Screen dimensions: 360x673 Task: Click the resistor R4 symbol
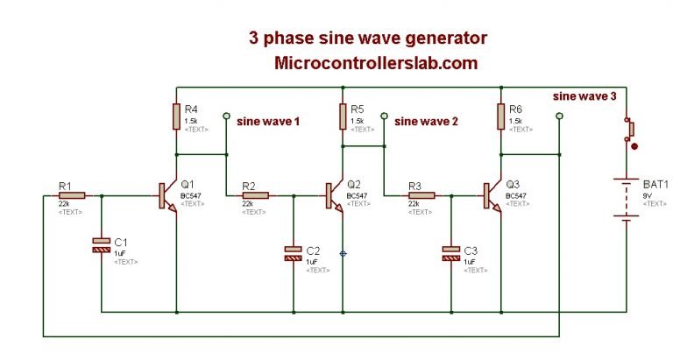[x=176, y=116]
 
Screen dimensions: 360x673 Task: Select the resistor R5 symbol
[x=343, y=116]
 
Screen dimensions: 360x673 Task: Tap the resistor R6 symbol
[x=501, y=116]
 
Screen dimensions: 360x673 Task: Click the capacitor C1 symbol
[x=102, y=245]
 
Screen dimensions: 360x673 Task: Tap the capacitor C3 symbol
[x=450, y=254]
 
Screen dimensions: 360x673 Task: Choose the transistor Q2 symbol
[x=334, y=195]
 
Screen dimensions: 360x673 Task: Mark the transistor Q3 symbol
[x=492, y=195]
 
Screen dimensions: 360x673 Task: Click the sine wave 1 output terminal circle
[x=227, y=115]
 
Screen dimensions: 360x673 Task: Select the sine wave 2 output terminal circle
[x=384, y=115]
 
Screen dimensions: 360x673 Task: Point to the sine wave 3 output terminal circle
[x=560, y=115]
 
